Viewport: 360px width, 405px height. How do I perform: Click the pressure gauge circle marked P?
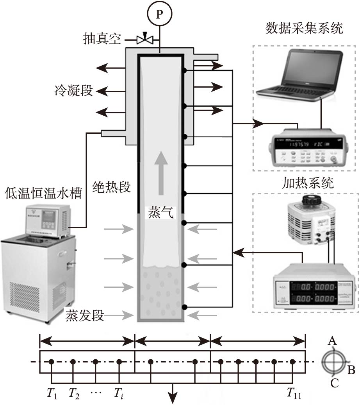tap(159, 14)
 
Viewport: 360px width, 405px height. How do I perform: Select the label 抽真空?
tap(102, 39)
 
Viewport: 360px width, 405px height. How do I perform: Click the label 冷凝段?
tap(74, 91)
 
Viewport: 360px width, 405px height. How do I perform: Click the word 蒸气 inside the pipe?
tap(160, 213)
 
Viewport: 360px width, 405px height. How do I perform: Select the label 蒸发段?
tap(85, 315)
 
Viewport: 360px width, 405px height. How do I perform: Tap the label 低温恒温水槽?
tap(43, 194)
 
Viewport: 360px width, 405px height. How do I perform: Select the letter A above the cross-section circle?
tap(332, 341)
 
